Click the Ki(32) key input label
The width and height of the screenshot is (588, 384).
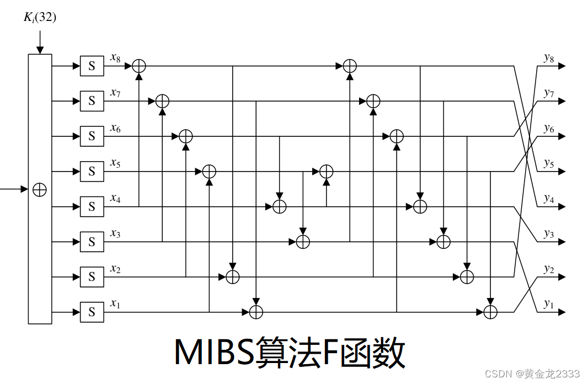(x=40, y=18)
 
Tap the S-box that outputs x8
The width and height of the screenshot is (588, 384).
(x=92, y=66)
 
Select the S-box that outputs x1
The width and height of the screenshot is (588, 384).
(x=92, y=312)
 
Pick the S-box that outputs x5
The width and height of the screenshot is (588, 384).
(x=92, y=172)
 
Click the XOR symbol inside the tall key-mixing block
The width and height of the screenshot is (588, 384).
(x=40, y=189)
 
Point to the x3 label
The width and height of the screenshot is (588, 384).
(x=115, y=234)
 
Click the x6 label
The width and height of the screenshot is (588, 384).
(x=115, y=128)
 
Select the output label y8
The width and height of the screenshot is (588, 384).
(x=548, y=58)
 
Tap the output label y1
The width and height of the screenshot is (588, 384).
(x=548, y=304)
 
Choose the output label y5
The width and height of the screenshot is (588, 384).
(x=548, y=163)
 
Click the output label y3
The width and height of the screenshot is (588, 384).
(x=548, y=234)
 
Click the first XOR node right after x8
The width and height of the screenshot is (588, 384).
(x=138, y=66)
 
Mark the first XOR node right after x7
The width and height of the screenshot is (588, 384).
(x=162, y=101)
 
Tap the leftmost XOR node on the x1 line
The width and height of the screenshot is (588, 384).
(x=256, y=312)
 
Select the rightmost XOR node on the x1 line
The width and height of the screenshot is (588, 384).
(x=490, y=312)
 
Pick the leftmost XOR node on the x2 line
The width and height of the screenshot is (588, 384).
(x=233, y=277)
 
